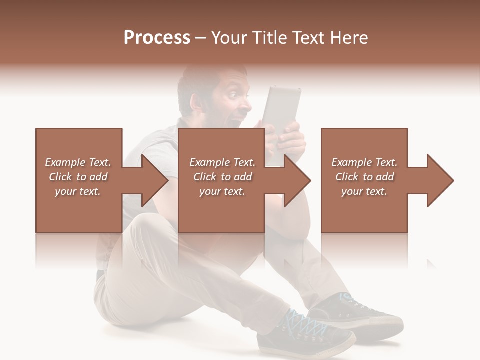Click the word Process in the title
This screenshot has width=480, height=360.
tap(157, 38)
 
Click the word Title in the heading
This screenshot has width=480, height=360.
tap(267, 38)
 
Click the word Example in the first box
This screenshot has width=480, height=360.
tap(65, 162)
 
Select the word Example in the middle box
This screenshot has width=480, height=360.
tap(209, 162)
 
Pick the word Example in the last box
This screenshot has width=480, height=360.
tap(351, 162)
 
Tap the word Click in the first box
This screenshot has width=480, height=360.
tap(60, 177)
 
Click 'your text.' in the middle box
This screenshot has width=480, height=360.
tap(222, 191)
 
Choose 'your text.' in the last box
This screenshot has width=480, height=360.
tap(364, 191)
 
